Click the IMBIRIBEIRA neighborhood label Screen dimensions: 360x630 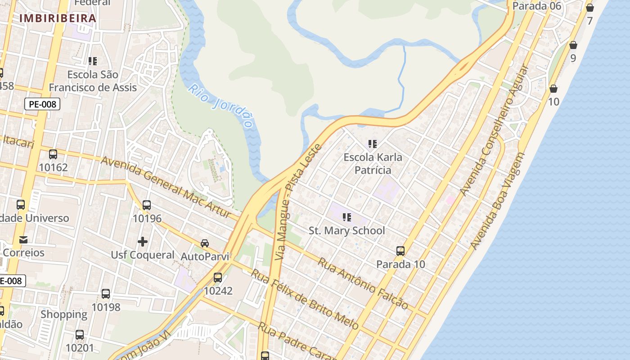pos(58,18)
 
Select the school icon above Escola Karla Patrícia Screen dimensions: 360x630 pos(372,144)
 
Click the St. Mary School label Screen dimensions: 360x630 pos(346,231)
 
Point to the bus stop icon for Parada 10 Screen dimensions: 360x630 pos(400,251)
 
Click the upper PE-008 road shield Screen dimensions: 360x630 pos(42,104)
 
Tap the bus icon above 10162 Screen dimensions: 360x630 pos(53,154)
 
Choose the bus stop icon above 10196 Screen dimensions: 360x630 pos(147,205)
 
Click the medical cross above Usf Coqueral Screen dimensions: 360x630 pos(143,242)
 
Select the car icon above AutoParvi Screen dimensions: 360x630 pos(205,243)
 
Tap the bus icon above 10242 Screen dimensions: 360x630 pos(218,278)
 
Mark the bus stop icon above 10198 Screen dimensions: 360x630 pos(106,294)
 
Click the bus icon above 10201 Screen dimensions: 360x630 pos(80,335)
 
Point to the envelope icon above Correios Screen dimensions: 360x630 pos(23,239)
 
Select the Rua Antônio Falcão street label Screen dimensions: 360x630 pos(363,283)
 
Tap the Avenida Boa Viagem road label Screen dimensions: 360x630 pos(498,201)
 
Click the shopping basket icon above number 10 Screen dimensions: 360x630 pos(553,89)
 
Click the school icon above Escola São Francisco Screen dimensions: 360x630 pos(93,61)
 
